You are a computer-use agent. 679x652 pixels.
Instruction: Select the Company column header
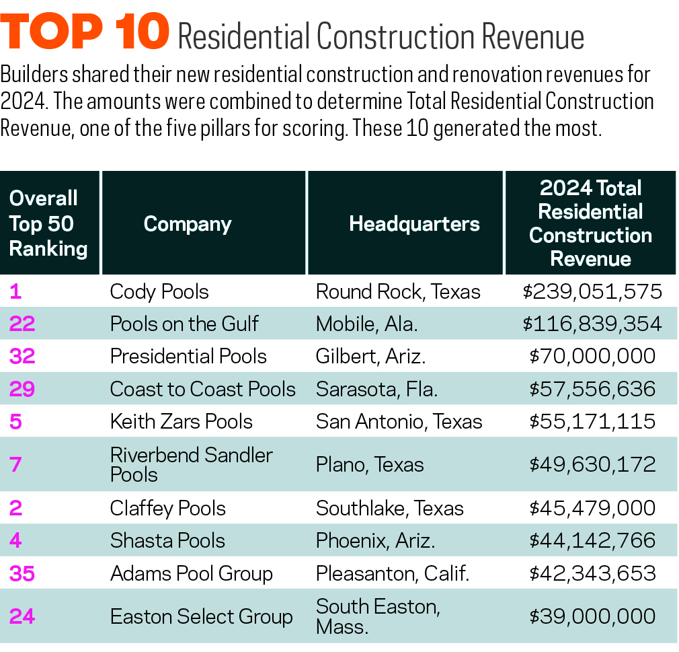click(188, 224)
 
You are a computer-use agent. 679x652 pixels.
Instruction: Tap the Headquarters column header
click(414, 224)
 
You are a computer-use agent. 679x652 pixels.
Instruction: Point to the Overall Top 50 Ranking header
click(48, 223)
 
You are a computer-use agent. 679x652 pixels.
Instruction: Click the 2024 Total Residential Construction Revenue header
click(590, 223)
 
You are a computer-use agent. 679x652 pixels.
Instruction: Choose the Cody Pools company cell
click(159, 291)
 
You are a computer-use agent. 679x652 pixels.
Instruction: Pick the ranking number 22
click(22, 324)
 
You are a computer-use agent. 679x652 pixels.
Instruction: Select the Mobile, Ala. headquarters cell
click(366, 324)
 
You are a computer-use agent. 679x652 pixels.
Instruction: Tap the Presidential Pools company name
click(188, 356)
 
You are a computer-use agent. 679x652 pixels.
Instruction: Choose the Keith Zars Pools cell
click(182, 421)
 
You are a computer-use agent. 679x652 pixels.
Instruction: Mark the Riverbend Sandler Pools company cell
click(191, 464)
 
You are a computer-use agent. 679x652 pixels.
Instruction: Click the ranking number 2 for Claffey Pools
click(16, 507)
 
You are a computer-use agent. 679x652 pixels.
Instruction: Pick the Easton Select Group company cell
click(201, 616)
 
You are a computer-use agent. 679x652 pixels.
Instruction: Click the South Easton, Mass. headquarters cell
click(378, 616)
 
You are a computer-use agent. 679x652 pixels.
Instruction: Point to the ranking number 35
click(22, 573)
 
